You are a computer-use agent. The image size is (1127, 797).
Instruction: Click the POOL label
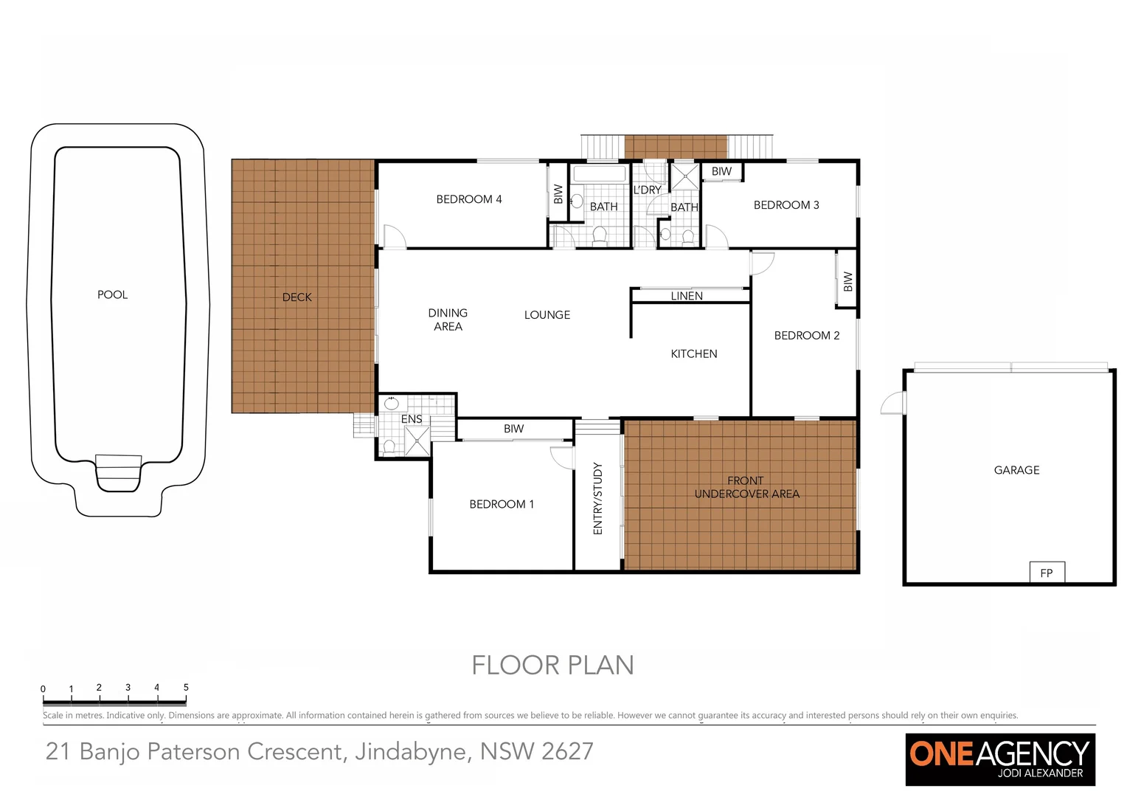(112, 294)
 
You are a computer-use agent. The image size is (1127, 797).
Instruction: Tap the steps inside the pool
(118, 472)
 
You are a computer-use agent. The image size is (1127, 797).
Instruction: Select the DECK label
(297, 297)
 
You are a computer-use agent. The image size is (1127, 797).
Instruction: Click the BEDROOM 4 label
(468, 199)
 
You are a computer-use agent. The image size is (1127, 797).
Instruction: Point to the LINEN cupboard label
(687, 296)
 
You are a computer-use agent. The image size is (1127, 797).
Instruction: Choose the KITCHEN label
(693, 353)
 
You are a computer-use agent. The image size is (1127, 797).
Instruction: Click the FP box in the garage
(1046, 573)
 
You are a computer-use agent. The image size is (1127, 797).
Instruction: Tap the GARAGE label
(1016, 470)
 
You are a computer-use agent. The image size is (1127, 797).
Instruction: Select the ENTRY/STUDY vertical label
(597, 498)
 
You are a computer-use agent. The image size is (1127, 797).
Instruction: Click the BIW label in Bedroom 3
(721, 171)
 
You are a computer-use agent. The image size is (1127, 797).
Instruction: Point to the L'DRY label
(647, 190)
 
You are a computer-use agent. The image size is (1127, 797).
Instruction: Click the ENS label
(412, 419)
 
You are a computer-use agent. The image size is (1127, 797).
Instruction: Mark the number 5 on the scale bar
(186, 687)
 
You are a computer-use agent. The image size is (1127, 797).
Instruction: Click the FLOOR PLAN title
(552, 665)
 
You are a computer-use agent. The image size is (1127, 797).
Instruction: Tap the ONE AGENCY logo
(999, 759)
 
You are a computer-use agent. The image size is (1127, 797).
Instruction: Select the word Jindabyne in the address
(412, 751)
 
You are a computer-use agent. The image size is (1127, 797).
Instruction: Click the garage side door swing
(892, 403)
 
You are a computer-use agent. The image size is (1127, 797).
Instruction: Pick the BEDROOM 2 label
(806, 335)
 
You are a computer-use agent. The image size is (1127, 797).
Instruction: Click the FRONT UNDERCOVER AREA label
(746, 487)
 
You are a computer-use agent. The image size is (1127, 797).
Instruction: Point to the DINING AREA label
(448, 320)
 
